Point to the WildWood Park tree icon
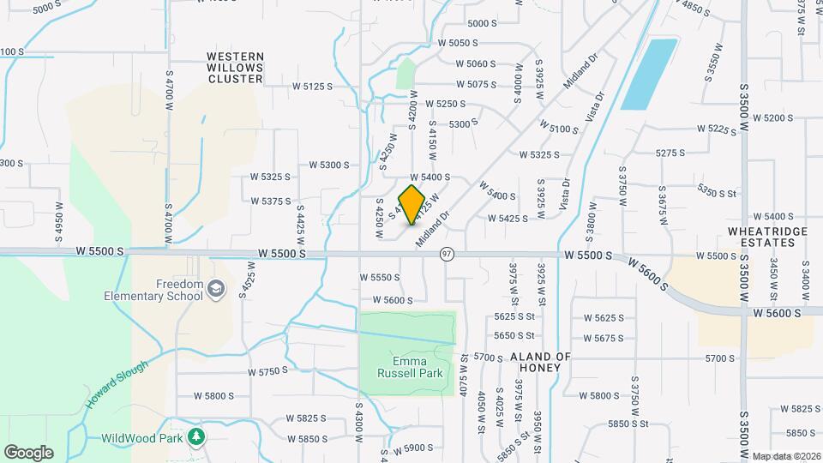[x=197, y=437]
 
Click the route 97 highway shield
[x=447, y=254]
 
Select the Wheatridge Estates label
[x=762, y=237]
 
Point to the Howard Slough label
[x=117, y=383]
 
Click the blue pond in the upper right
[x=648, y=75]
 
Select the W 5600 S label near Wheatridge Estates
[x=778, y=314]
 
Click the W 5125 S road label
[x=312, y=86]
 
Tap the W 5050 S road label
[x=457, y=42]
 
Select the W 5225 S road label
[x=718, y=129]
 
